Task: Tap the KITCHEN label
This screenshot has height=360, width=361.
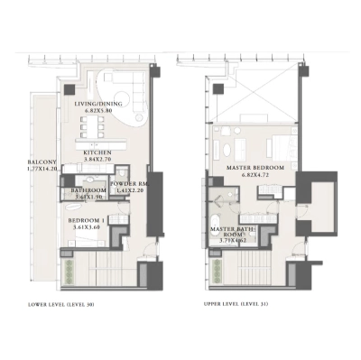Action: tap(97, 153)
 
